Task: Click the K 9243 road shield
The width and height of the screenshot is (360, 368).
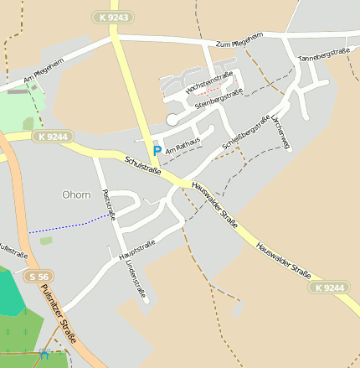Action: tap(112, 17)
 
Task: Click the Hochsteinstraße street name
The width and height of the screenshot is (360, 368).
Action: tap(208, 82)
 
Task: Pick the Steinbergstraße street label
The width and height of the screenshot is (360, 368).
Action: tap(219, 98)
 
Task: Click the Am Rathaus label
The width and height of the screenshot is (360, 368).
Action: tap(183, 144)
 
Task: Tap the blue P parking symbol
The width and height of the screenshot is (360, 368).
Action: tap(156, 150)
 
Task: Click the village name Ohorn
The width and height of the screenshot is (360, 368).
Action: tap(76, 194)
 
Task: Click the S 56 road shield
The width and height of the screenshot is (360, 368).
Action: tap(38, 277)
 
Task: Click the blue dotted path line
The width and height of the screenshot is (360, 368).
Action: tap(71, 224)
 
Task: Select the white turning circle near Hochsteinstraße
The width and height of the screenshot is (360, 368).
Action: tap(172, 120)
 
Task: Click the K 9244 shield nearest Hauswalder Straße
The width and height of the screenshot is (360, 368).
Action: tap(328, 288)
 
